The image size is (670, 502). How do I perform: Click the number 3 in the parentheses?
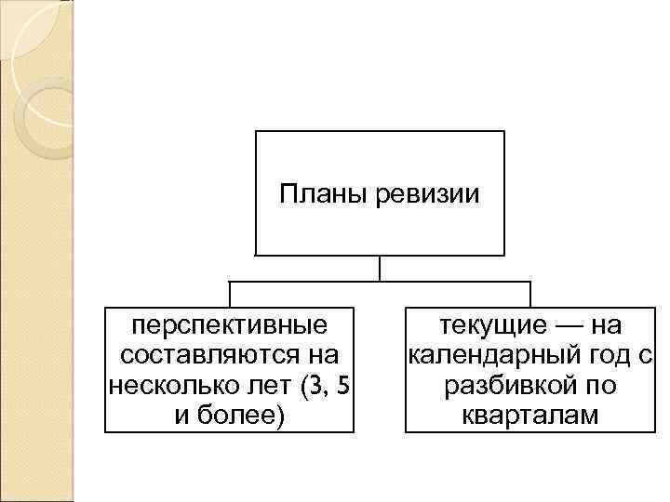309,385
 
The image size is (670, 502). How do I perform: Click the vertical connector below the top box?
380,268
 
